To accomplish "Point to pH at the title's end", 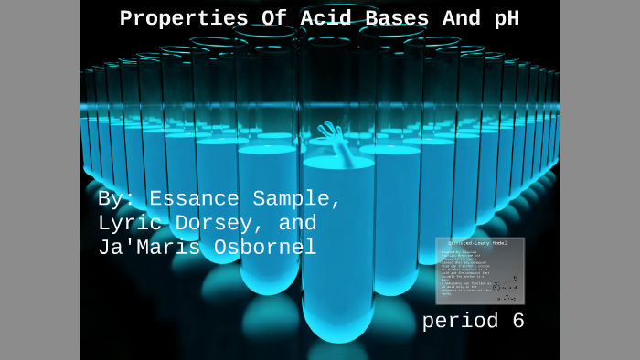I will click(505, 18).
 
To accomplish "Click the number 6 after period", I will click(517, 321).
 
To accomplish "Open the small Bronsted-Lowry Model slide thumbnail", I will click(480, 270).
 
